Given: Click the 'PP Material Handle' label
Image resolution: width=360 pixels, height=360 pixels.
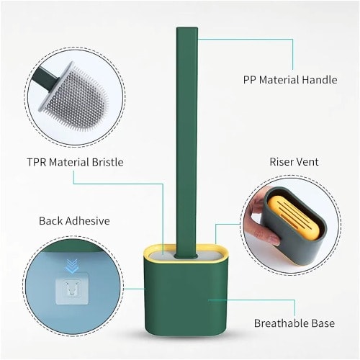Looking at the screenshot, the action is click(x=290, y=80).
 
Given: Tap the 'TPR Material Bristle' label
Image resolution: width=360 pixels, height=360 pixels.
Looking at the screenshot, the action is click(x=75, y=162).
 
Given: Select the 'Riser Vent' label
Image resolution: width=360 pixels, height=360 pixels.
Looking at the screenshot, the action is click(x=294, y=162).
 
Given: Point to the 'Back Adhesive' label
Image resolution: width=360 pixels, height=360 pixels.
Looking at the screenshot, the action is click(x=74, y=221).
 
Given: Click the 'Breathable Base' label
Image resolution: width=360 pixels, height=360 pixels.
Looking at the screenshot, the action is click(x=294, y=323).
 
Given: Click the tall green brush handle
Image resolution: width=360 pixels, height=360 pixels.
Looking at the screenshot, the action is click(x=187, y=142).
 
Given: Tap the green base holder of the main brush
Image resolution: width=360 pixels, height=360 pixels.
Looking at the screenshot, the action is click(x=186, y=297).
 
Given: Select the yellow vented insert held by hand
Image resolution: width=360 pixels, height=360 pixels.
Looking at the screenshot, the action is click(x=294, y=218).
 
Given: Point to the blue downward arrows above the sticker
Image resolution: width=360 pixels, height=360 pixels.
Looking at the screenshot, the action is click(x=73, y=266).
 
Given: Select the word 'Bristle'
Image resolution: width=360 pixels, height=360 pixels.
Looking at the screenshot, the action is click(x=108, y=162).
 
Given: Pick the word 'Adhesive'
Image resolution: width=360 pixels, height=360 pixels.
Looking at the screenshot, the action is click(x=88, y=221).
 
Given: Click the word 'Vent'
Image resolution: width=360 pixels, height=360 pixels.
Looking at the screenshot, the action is click(x=308, y=162).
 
